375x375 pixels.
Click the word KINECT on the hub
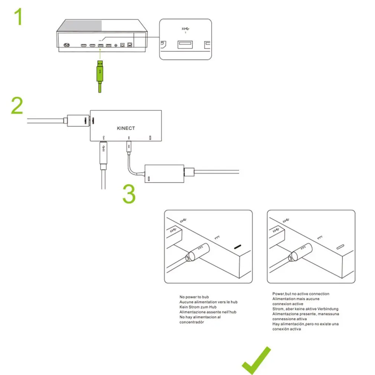tap(126, 128)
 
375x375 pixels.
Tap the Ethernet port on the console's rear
tap(129, 45)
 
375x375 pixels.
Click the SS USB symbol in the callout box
tap(185, 29)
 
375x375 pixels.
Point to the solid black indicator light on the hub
tap(237, 246)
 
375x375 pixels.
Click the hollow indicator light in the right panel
tap(340, 247)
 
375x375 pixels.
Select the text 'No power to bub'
tap(194, 297)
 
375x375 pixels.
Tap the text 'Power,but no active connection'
tap(301, 294)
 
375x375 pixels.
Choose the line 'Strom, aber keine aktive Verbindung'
tap(305, 309)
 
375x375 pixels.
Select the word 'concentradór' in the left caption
tap(192, 322)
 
